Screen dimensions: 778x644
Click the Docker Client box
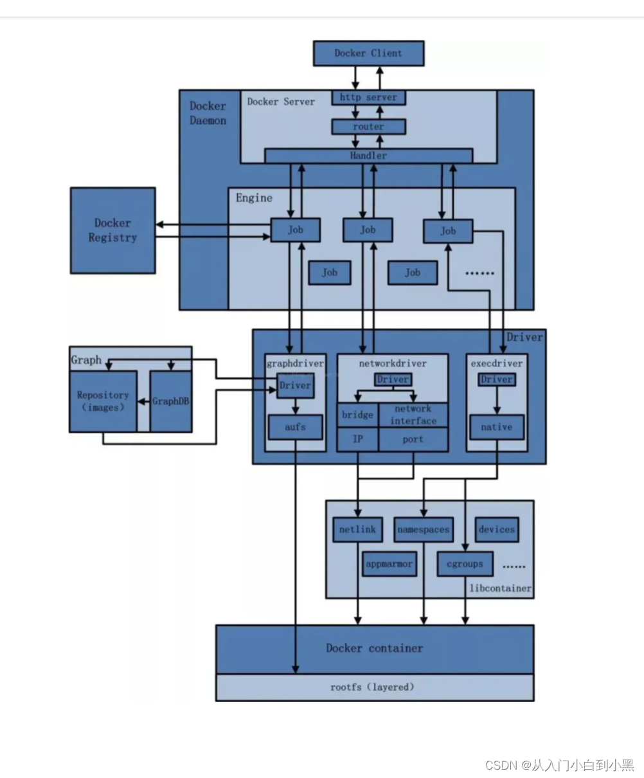[368, 53]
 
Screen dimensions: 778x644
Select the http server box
[368, 98]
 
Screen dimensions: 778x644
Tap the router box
[368, 127]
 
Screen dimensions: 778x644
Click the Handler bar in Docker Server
[368, 156]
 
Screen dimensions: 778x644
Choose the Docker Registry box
[112, 230]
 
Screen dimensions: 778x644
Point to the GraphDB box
[170, 401]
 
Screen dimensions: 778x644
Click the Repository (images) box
[103, 401]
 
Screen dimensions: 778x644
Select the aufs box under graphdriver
[295, 427]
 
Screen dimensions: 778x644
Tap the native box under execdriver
[496, 427]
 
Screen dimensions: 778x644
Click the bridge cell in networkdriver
[357, 415]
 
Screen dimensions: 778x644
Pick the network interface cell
[413, 415]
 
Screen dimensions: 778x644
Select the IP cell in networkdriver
[357, 440]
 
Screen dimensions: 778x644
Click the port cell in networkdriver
[413, 440]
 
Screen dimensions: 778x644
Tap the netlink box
[357, 530]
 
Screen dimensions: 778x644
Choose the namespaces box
[423, 530]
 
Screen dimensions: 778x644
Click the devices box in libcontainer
[496, 530]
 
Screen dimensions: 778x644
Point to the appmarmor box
[389, 565]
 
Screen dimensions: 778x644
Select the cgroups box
[464, 565]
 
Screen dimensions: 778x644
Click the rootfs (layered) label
[373, 687]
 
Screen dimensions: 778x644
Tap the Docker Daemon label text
[208, 113]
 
